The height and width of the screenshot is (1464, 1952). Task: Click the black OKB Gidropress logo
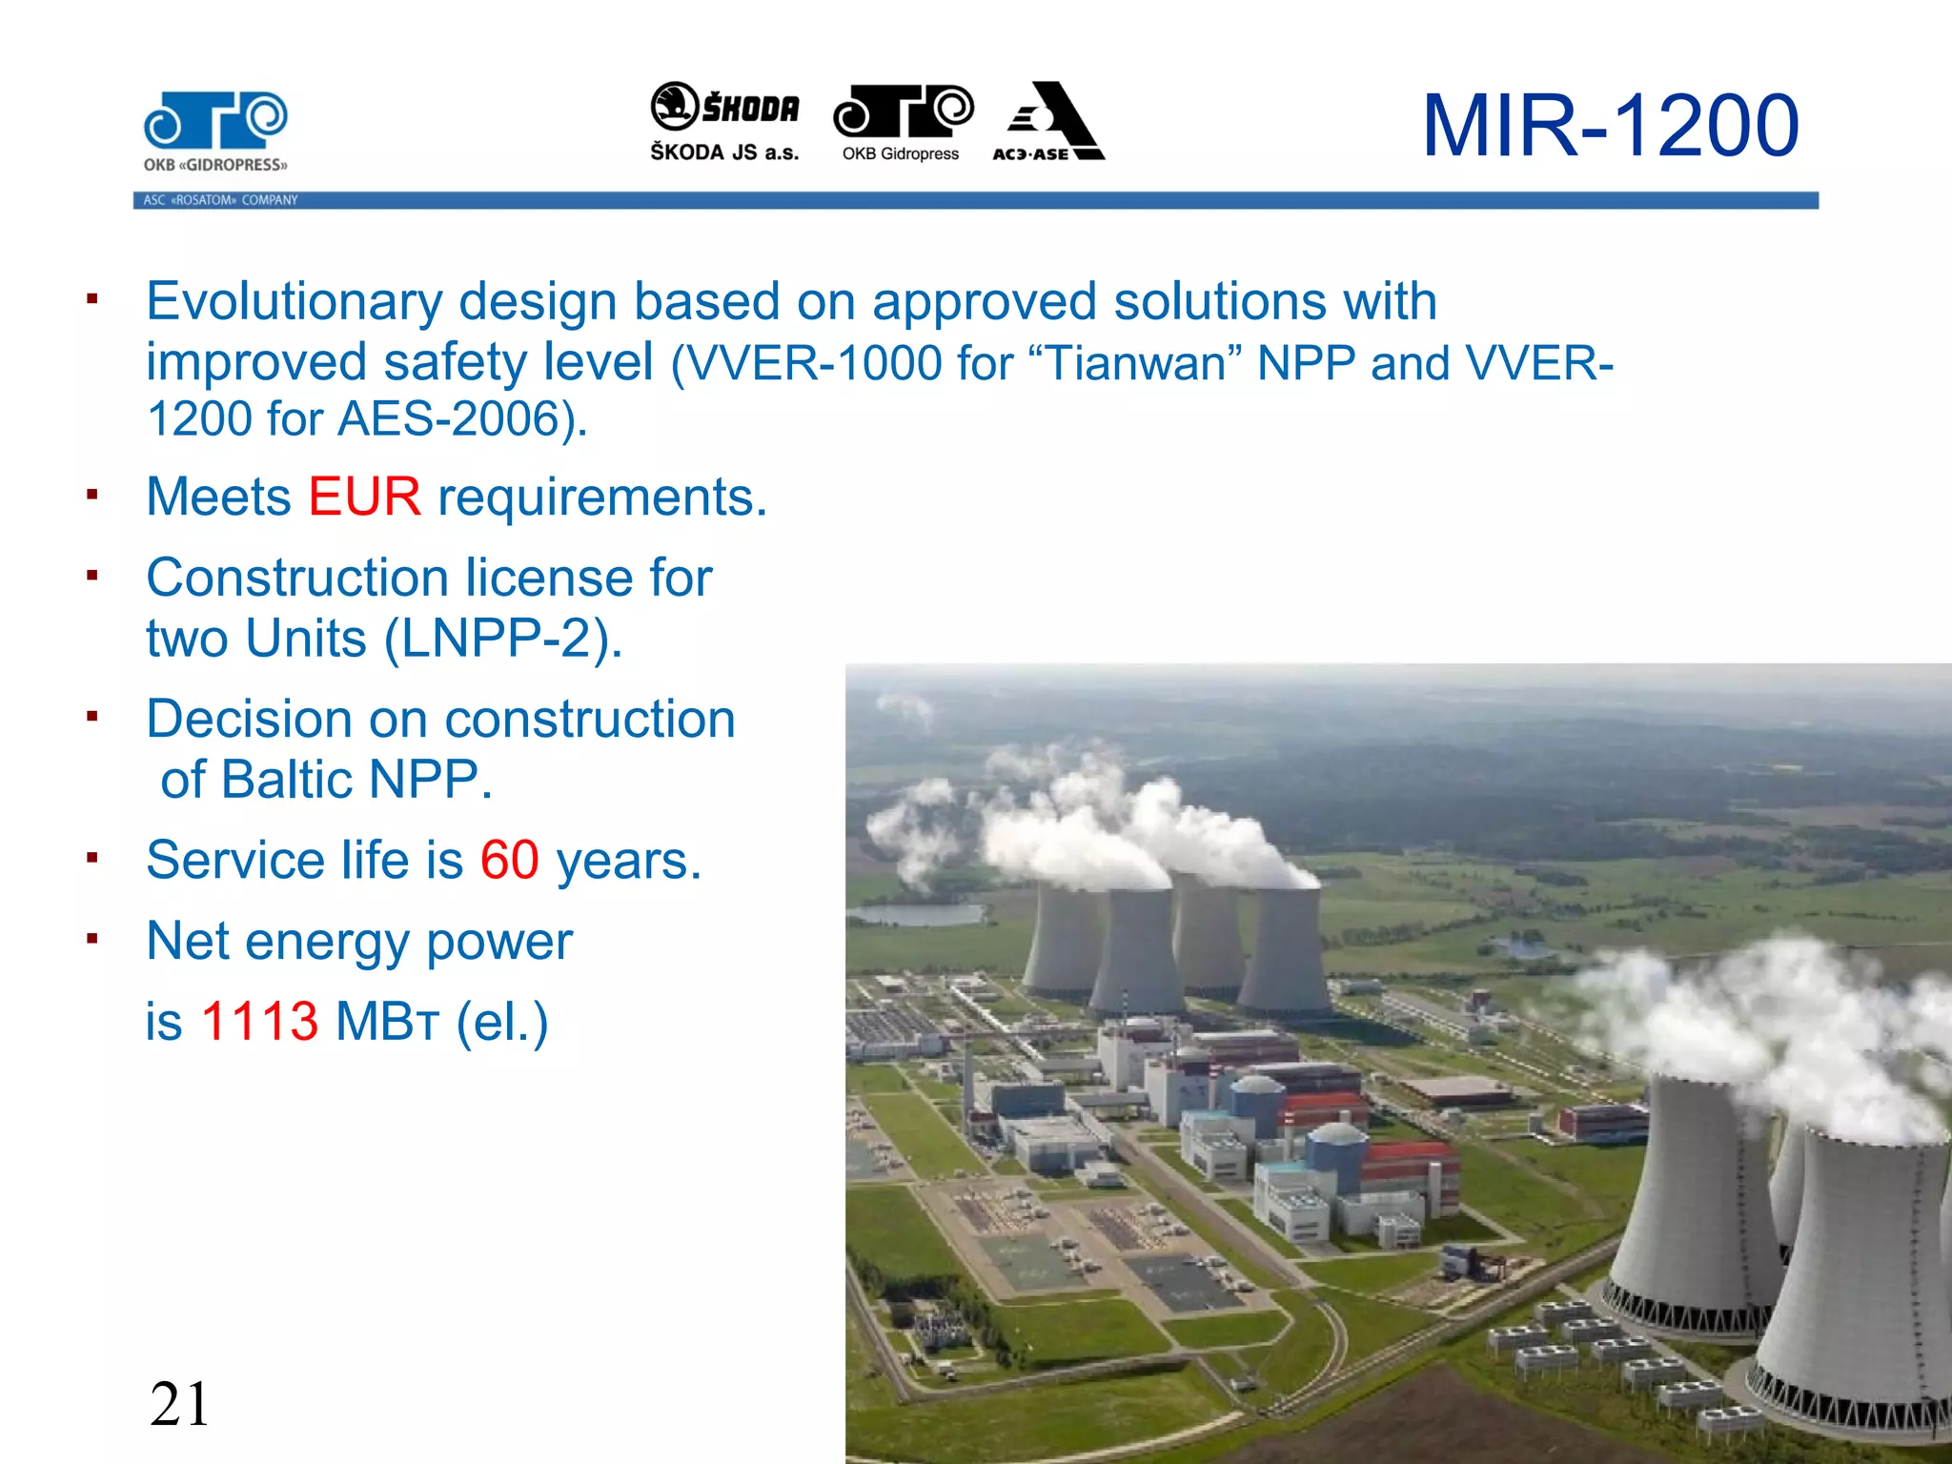pyautogui.click(x=903, y=122)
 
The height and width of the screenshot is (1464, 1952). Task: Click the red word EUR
pyautogui.click(x=364, y=497)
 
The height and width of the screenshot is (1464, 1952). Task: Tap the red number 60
pyautogui.click(x=509, y=860)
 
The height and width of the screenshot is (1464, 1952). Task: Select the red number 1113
pyautogui.click(x=259, y=1021)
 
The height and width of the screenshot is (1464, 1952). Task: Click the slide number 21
pyautogui.click(x=179, y=1404)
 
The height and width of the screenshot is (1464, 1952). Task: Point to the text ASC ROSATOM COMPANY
pyautogui.click(x=220, y=200)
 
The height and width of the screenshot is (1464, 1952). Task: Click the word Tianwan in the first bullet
pyautogui.click(x=1135, y=364)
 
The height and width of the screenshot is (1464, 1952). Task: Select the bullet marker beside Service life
pyautogui.click(x=92, y=858)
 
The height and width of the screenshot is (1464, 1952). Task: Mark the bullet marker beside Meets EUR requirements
pyautogui.click(x=92, y=495)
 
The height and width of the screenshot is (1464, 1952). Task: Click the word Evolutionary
pyautogui.click(x=294, y=301)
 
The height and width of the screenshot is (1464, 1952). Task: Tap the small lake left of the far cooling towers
pyautogui.click(x=916, y=915)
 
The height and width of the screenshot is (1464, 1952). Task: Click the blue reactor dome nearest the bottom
pyautogui.click(x=1337, y=1140)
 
